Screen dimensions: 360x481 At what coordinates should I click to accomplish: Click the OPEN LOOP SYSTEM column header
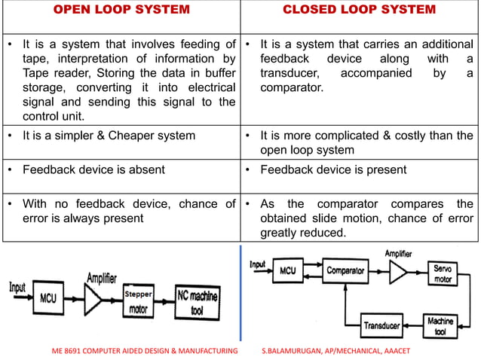pyautogui.click(x=120, y=10)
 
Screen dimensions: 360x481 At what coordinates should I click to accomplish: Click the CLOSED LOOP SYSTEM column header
pyautogui.click(x=359, y=10)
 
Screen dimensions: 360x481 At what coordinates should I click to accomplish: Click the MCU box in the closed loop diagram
pyautogui.click(x=287, y=270)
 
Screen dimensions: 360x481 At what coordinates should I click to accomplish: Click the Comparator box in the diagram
pyautogui.click(x=345, y=270)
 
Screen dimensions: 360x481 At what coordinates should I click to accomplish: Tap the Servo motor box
pyautogui.click(x=441, y=273)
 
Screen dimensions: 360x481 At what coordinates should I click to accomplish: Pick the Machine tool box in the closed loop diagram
pyautogui.click(x=440, y=326)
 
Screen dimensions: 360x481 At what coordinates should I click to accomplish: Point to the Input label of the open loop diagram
pyautogui.click(x=17, y=288)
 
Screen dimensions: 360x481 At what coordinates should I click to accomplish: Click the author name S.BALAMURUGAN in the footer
pyautogui.click(x=295, y=352)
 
